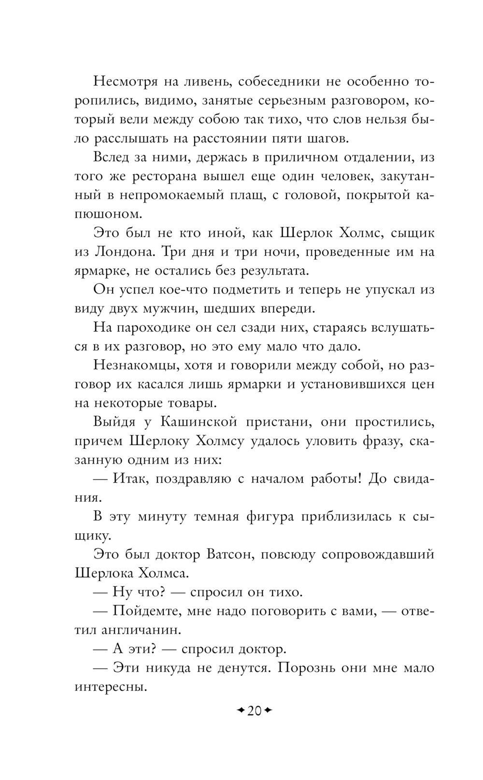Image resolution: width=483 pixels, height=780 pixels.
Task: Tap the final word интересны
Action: [x=111, y=686]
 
